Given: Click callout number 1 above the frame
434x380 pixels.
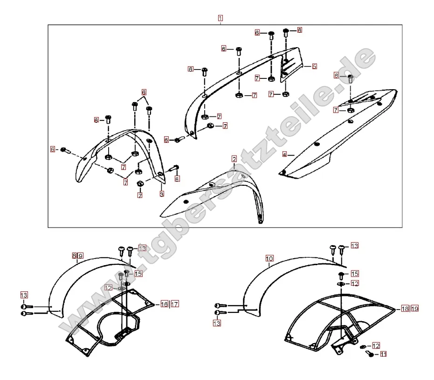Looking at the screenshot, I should [x=220, y=18].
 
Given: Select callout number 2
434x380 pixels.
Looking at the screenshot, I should [x=234, y=159].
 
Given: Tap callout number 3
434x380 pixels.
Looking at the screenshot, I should [x=162, y=193].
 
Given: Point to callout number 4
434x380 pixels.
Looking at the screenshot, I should [x=284, y=154].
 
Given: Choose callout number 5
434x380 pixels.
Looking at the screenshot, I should [x=314, y=67].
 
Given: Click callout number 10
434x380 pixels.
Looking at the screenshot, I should [x=269, y=258].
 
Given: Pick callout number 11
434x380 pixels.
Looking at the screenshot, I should [x=383, y=354].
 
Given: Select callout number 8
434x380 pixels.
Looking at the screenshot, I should [x=75, y=255].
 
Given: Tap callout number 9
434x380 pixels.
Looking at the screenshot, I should [x=80, y=255].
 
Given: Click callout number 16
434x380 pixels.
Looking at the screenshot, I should [x=164, y=304].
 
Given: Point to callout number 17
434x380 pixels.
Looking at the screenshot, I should [x=174, y=304].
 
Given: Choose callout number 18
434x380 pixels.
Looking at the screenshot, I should [x=404, y=309].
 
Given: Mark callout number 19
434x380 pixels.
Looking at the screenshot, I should [x=414, y=309].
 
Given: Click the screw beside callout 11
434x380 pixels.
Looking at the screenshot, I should [x=372, y=355].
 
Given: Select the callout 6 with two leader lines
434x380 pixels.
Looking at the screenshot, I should [x=144, y=92].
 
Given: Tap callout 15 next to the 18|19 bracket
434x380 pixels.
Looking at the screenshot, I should [x=354, y=274].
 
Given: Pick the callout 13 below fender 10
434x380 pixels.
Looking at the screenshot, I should [x=217, y=323].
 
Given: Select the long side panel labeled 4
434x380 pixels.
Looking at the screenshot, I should [x=336, y=135].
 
